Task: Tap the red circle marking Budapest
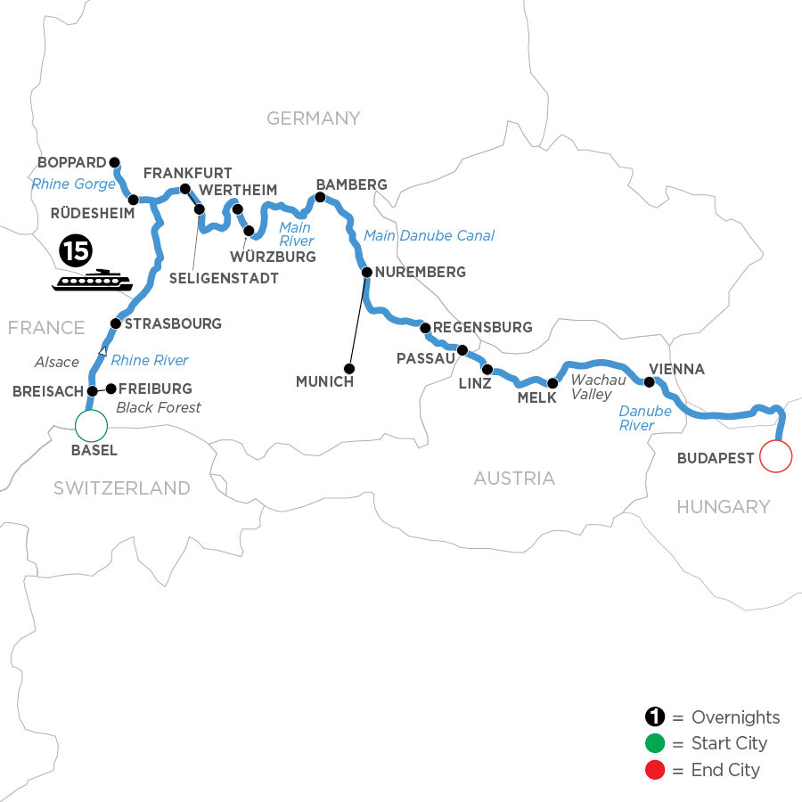(775, 457)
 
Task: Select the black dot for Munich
(350, 368)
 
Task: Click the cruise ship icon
(93, 282)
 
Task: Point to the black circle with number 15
(76, 252)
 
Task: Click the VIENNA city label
(677, 369)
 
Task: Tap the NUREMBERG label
(421, 272)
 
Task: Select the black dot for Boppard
(114, 162)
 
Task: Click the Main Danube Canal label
(429, 236)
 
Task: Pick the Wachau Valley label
(592, 387)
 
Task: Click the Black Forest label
(159, 407)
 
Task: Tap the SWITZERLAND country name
(121, 487)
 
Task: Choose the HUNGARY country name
(723, 507)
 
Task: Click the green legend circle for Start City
(655, 744)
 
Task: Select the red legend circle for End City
(655, 770)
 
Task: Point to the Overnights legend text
(735, 717)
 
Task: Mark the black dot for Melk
(552, 383)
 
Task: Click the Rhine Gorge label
(73, 184)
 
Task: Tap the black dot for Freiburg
(111, 389)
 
